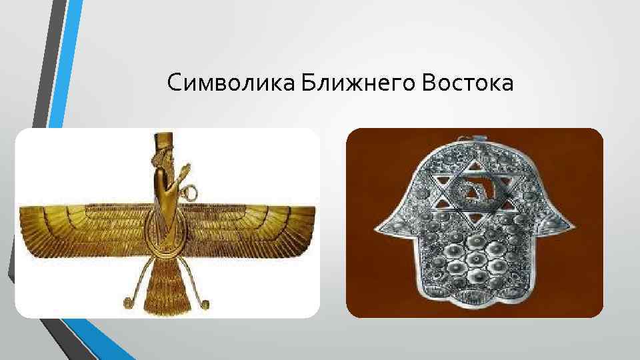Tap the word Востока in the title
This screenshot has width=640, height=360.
466,84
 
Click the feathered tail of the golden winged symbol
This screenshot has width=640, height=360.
165,287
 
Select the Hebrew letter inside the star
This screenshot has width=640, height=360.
474,191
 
